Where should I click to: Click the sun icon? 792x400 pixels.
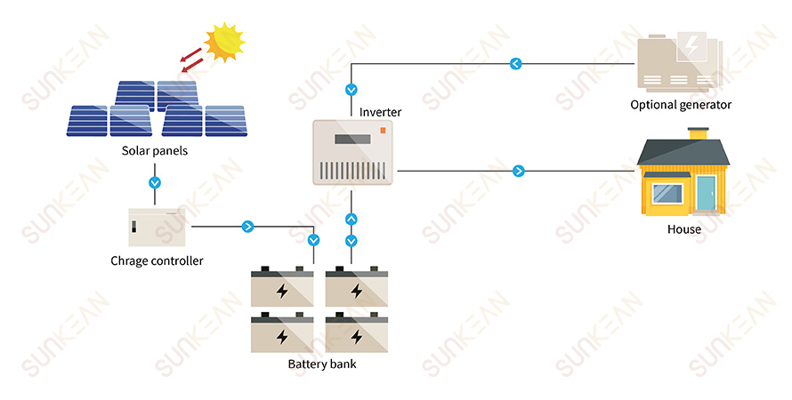pyautogui.click(x=223, y=41)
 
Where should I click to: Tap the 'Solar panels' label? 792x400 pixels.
pyautogui.click(x=155, y=151)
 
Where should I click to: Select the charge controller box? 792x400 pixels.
pyautogui.click(x=157, y=227)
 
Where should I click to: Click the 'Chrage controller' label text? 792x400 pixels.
pyautogui.click(x=157, y=260)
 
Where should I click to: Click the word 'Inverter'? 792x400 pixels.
pyautogui.click(x=380, y=112)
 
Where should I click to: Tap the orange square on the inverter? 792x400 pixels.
pyautogui.click(x=384, y=131)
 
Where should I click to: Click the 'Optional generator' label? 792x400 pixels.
pyautogui.click(x=681, y=105)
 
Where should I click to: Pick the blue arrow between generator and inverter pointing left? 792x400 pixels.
pyautogui.click(x=515, y=63)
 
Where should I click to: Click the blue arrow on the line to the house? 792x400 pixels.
pyautogui.click(x=519, y=170)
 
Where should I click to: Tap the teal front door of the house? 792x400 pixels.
pyautogui.click(x=706, y=194)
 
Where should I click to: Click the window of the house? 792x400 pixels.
pyautogui.click(x=667, y=193)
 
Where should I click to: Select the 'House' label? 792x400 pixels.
pyautogui.click(x=683, y=229)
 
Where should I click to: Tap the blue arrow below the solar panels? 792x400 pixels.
pyautogui.click(x=155, y=182)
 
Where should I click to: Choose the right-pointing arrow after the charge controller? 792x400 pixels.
pyautogui.click(x=247, y=227)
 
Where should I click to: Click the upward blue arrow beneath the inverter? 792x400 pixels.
pyautogui.click(x=351, y=219)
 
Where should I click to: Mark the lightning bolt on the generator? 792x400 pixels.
pyautogui.click(x=691, y=45)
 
